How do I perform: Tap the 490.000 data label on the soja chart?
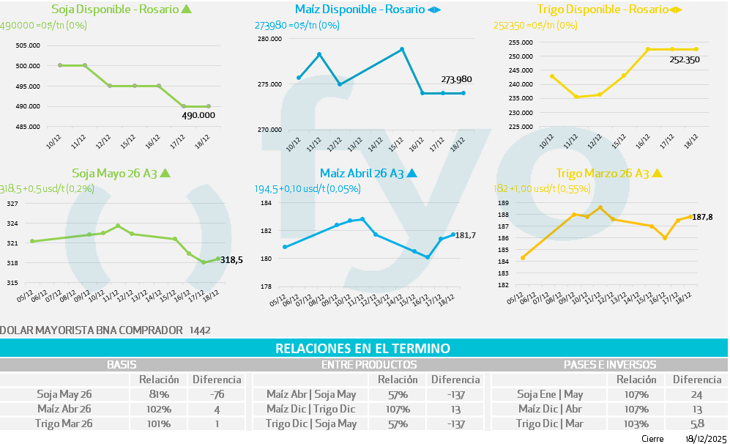(x=198, y=115)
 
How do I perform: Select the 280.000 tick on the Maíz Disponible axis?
(x=269, y=39)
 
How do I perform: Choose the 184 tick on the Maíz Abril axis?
(x=267, y=203)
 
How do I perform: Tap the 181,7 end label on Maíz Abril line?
(x=466, y=235)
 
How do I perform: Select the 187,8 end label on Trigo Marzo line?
(x=704, y=217)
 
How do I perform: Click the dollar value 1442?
(x=199, y=330)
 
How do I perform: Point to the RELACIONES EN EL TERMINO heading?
(x=362, y=349)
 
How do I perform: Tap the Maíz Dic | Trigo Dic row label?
(x=311, y=409)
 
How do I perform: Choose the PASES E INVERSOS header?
(x=609, y=364)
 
